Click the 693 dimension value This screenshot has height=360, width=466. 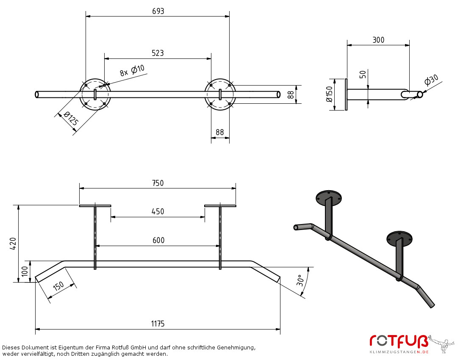coord(158,11)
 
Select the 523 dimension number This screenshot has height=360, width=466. coord(158,53)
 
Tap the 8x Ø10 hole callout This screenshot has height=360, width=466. coord(132,71)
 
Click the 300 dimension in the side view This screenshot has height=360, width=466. coord(378,40)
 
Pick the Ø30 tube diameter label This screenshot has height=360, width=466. coord(431,80)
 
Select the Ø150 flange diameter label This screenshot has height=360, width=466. coord(329,94)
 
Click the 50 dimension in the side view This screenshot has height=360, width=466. coord(363,75)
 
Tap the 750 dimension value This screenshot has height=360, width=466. coord(158,183)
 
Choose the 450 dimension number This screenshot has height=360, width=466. coord(158,211)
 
